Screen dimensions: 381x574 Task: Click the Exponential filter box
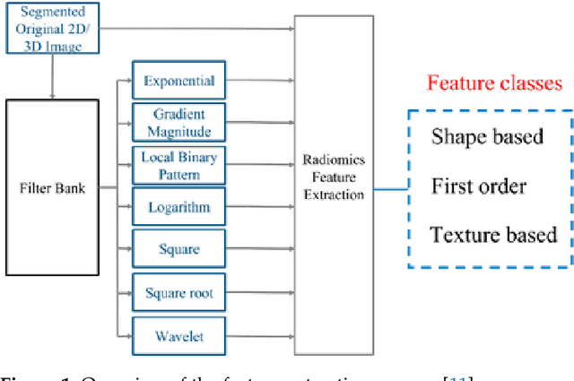pos(179,82)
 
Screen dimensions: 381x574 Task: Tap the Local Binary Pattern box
pos(179,166)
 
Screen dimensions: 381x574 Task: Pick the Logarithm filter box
pos(179,208)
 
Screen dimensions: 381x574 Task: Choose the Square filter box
pos(179,250)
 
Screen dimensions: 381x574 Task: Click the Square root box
pos(179,292)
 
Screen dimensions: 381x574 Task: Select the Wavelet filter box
pos(179,337)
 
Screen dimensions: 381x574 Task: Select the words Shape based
pos(487,137)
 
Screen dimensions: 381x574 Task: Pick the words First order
pos(479,186)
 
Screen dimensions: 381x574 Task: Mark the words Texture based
pos(493,235)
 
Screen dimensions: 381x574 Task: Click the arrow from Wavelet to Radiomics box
pos(260,337)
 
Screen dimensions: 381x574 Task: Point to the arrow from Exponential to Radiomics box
pos(260,82)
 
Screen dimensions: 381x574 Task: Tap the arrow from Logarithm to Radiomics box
pos(260,208)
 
